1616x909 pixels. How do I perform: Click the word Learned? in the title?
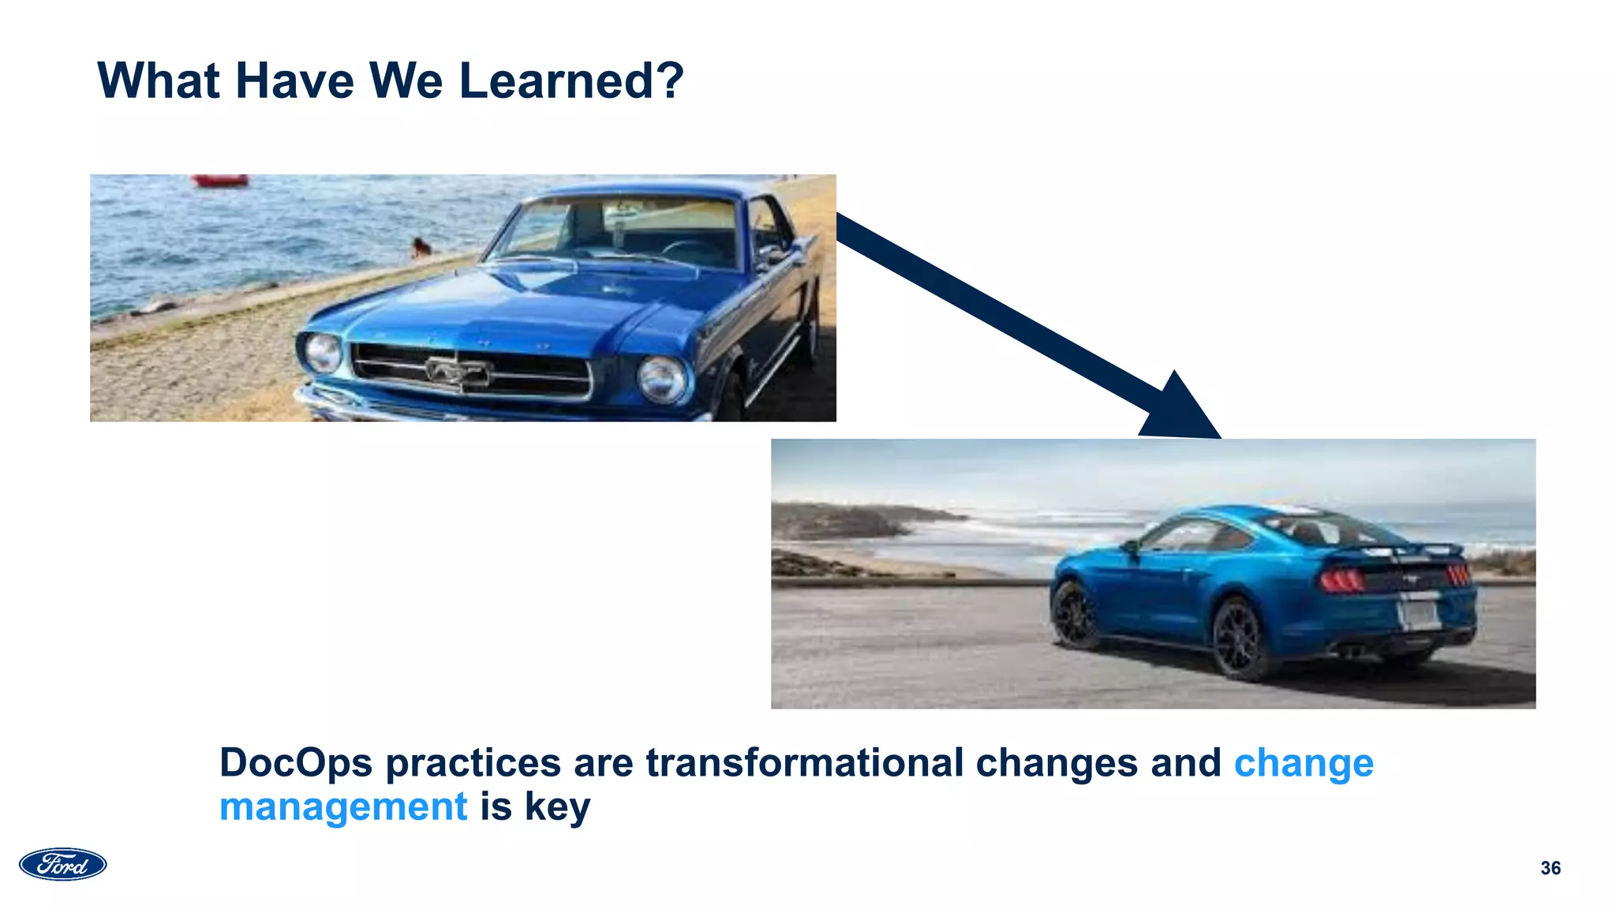(x=570, y=80)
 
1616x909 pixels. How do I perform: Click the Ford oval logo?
(x=63, y=865)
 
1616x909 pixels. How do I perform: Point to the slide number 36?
(x=1550, y=868)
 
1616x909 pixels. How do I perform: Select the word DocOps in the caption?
(x=295, y=763)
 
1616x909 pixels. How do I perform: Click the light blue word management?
(x=343, y=807)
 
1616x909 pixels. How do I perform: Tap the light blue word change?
(x=1304, y=763)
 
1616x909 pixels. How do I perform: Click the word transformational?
(x=805, y=763)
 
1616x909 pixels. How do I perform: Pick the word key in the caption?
(x=557, y=807)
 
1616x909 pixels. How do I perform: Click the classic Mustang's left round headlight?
(x=323, y=353)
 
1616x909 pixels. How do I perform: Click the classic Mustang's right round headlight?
(x=661, y=379)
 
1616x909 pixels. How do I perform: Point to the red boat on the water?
(x=220, y=181)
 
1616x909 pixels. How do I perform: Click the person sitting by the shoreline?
(x=421, y=249)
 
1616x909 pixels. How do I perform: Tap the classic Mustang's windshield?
(x=623, y=229)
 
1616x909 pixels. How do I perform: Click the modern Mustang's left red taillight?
(x=1342, y=582)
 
